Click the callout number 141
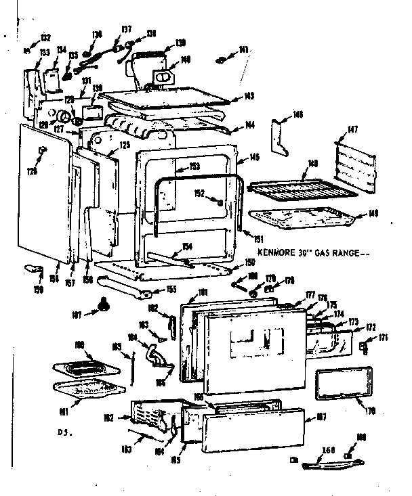pyautogui.click(x=243, y=50)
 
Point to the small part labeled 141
pyautogui.click(x=221, y=60)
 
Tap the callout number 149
pyautogui.click(x=373, y=214)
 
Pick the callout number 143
pyautogui.click(x=249, y=96)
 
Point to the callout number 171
pyautogui.click(x=383, y=337)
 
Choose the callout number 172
pyautogui.click(x=371, y=328)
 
